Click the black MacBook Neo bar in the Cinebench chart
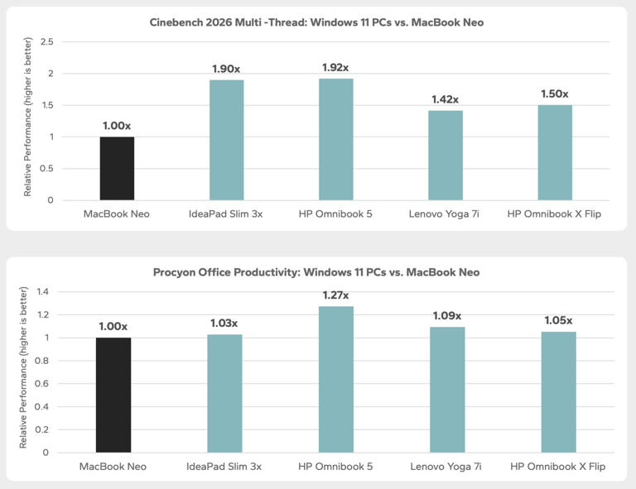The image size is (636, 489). (x=117, y=169)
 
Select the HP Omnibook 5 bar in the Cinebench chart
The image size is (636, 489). (x=336, y=139)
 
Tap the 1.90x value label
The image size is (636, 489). (x=226, y=69)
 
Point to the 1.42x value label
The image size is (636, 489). (x=445, y=99)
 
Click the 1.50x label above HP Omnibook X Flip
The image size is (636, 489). (x=555, y=94)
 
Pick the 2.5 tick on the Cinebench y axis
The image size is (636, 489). (x=47, y=41)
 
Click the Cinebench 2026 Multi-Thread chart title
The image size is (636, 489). (x=316, y=22)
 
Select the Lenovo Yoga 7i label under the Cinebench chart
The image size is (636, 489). (x=444, y=214)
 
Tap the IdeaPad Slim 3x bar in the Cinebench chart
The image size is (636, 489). (x=226, y=140)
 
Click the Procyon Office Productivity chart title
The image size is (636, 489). (x=316, y=272)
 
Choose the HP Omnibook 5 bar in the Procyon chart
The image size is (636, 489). (x=336, y=379)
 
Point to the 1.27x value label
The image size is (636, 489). (x=335, y=295)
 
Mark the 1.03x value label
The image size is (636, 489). (x=224, y=324)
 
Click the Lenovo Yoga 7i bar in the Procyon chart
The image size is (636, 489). (x=447, y=390)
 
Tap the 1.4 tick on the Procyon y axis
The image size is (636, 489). (x=42, y=292)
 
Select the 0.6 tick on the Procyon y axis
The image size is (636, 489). (x=41, y=384)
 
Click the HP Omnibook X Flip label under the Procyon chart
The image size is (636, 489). (x=557, y=467)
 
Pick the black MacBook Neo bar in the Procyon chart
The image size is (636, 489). (x=113, y=395)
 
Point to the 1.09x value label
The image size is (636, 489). (x=447, y=316)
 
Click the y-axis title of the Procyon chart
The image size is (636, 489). (x=23, y=367)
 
